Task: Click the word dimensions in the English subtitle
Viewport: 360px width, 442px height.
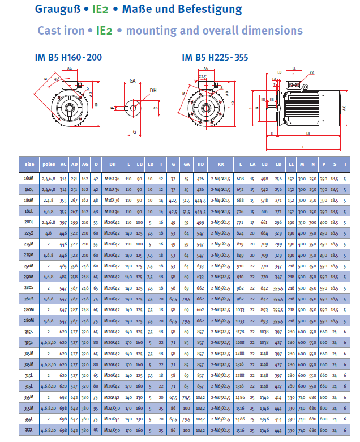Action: (x=269, y=31)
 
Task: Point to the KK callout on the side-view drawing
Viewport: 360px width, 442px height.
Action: (x=312, y=73)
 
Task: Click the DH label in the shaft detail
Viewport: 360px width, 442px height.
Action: (x=153, y=90)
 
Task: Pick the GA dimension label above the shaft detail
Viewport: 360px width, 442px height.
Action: (x=132, y=81)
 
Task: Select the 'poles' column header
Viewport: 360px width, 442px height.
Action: (x=49, y=164)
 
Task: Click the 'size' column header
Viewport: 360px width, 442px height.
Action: (x=29, y=164)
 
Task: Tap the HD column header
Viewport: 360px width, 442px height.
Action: (x=200, y=164)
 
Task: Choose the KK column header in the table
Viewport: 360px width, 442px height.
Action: (x=221, y=164)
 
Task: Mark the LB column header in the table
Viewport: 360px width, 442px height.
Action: (x=264, y=164)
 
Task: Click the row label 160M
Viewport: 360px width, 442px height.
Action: (x=29, y=178)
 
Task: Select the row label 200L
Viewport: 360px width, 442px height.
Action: (x=29, y=222)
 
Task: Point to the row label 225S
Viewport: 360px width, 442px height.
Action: (x=29, y=233)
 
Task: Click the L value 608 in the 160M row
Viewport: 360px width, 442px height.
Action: (x=240, y=178)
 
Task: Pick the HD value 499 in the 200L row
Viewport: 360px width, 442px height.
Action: (x=200, y=222)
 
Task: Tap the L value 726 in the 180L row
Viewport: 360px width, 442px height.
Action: (x=240, y=211)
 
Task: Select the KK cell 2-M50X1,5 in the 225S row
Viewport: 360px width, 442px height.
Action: (x=221, y=233)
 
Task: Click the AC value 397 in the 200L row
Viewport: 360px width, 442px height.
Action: (x=64, y=222)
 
